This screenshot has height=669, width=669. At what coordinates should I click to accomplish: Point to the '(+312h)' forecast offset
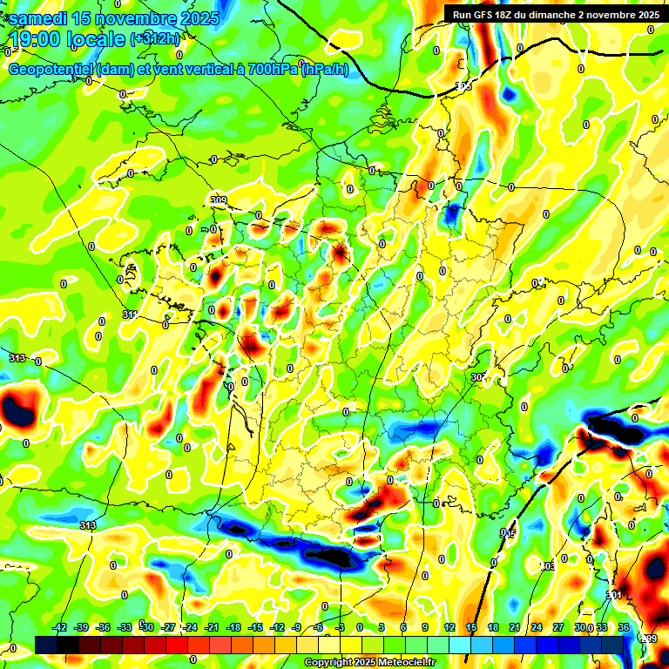pos(155,38)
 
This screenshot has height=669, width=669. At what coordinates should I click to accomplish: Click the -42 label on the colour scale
pos(61,627)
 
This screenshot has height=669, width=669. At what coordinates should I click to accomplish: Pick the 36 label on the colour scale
pos(624,627)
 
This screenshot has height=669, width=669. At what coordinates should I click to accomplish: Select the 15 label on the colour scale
pos(471,627)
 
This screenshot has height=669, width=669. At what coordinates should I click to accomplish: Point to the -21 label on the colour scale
pos(211,627)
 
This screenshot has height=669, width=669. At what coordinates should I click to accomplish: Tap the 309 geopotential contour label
pos(219,200)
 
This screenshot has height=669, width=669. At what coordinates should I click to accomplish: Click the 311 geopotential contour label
pos(129,314)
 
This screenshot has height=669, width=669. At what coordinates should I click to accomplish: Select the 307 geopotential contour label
pos(477,376)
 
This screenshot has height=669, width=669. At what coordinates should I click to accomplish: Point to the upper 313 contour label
pos(17,358)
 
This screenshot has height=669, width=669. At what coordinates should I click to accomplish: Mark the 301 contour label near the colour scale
pos(614,596)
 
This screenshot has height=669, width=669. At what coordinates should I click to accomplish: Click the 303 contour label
pos(547,566)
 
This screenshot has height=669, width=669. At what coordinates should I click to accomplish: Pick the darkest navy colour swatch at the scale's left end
pos(46,645)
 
